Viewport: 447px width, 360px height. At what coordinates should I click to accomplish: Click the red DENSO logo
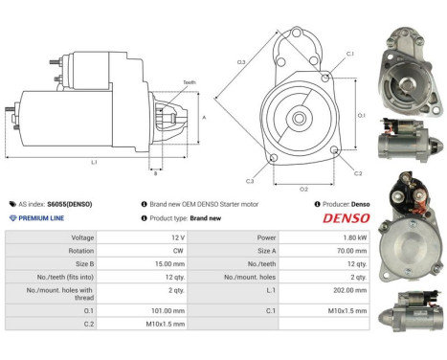[342, 218]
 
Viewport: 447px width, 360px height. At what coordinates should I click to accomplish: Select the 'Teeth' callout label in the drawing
[189, 83]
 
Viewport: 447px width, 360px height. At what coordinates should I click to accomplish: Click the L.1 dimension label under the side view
[95, 162]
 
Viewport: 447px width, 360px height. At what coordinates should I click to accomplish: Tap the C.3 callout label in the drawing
[250, 180]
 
